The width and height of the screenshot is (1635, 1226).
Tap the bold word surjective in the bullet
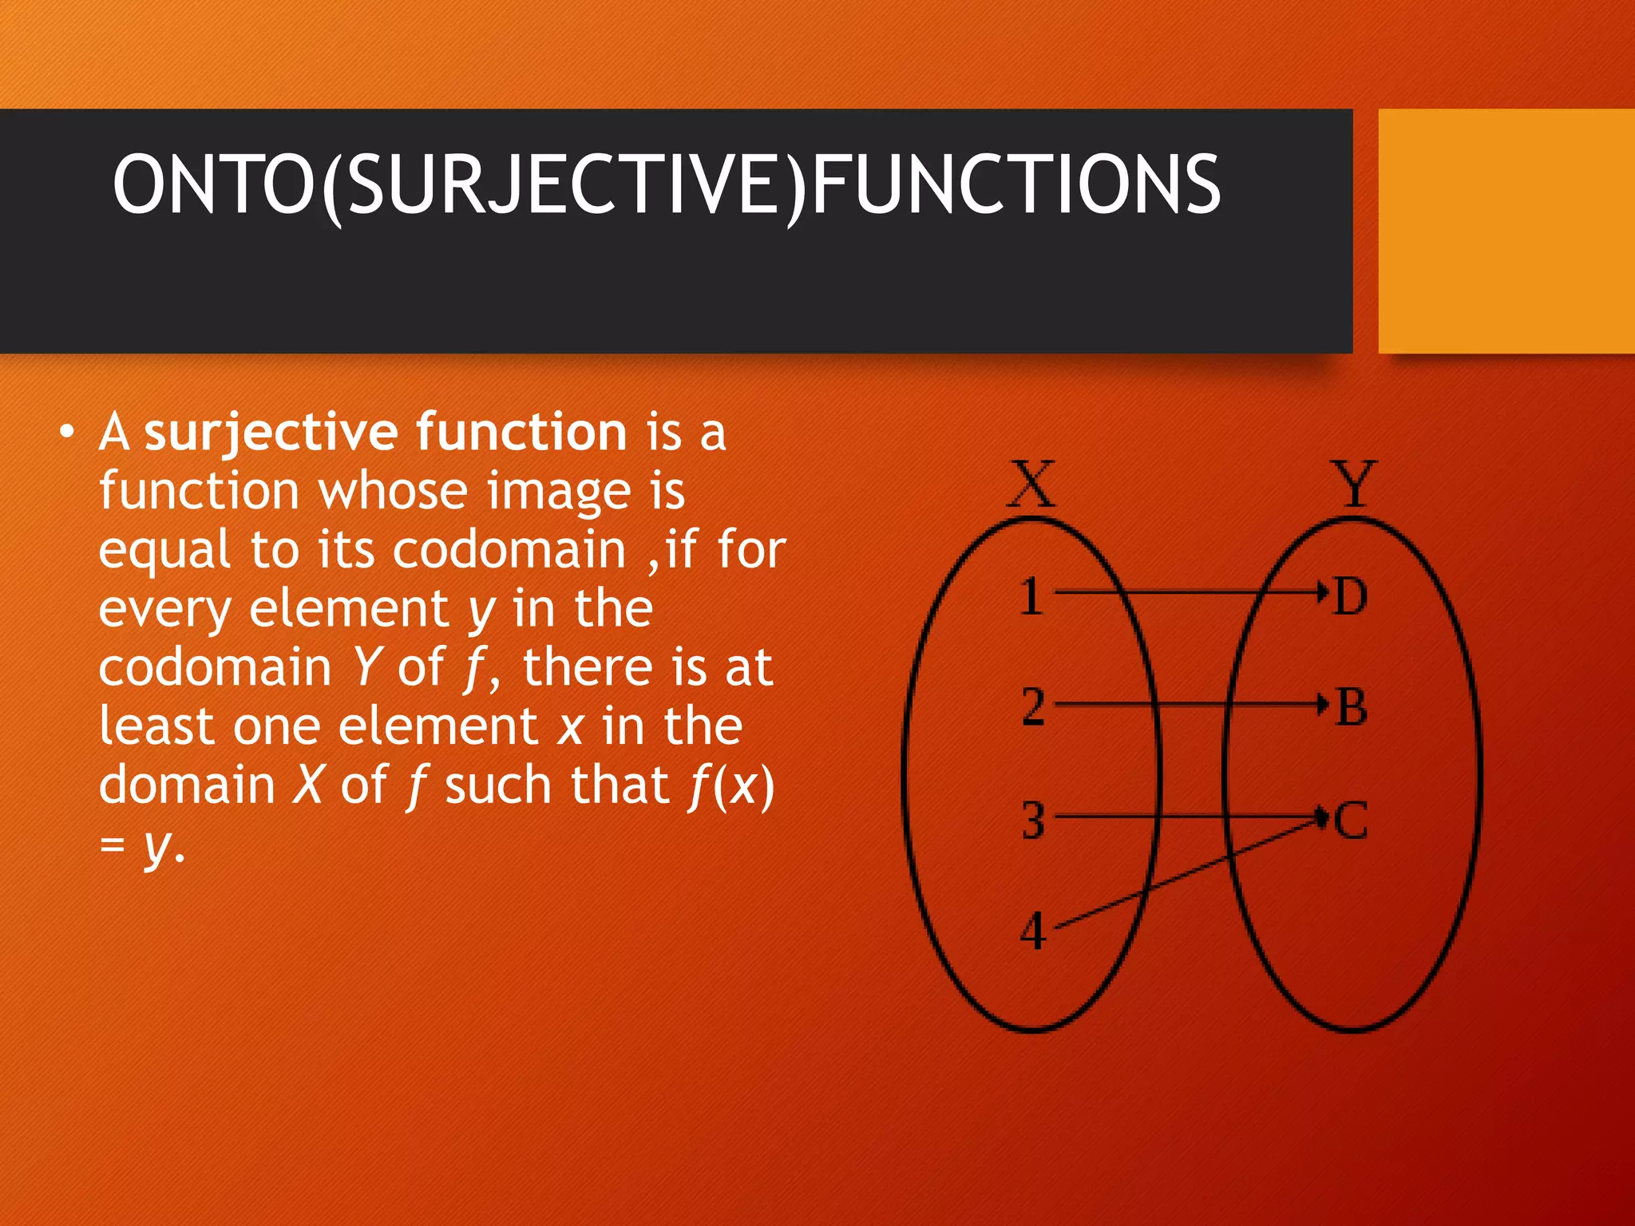(271, 432)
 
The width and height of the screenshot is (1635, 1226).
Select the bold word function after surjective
(521, 432)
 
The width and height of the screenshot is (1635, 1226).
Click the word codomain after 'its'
(509, 550)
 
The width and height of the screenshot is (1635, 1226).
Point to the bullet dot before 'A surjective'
(67, 433)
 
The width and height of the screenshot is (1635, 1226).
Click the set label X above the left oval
(1031, 484)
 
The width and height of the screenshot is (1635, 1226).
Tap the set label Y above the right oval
(1354, 484)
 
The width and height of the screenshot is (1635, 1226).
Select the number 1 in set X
(1031, 596)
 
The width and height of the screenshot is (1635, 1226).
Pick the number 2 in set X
(1033, 706)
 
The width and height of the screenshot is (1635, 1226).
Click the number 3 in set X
(1033, 820)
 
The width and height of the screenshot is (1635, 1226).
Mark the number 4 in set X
(1033, 931)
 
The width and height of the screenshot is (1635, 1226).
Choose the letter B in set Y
(1351, 707)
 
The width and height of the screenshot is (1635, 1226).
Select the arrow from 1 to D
(1190, 592)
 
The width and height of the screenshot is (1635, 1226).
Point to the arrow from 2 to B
(1190, 704)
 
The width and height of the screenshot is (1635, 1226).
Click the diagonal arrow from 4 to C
(1190, 872)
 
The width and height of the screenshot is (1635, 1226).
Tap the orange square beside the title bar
(1506, 231)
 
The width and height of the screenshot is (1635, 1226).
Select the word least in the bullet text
(156, 726)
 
